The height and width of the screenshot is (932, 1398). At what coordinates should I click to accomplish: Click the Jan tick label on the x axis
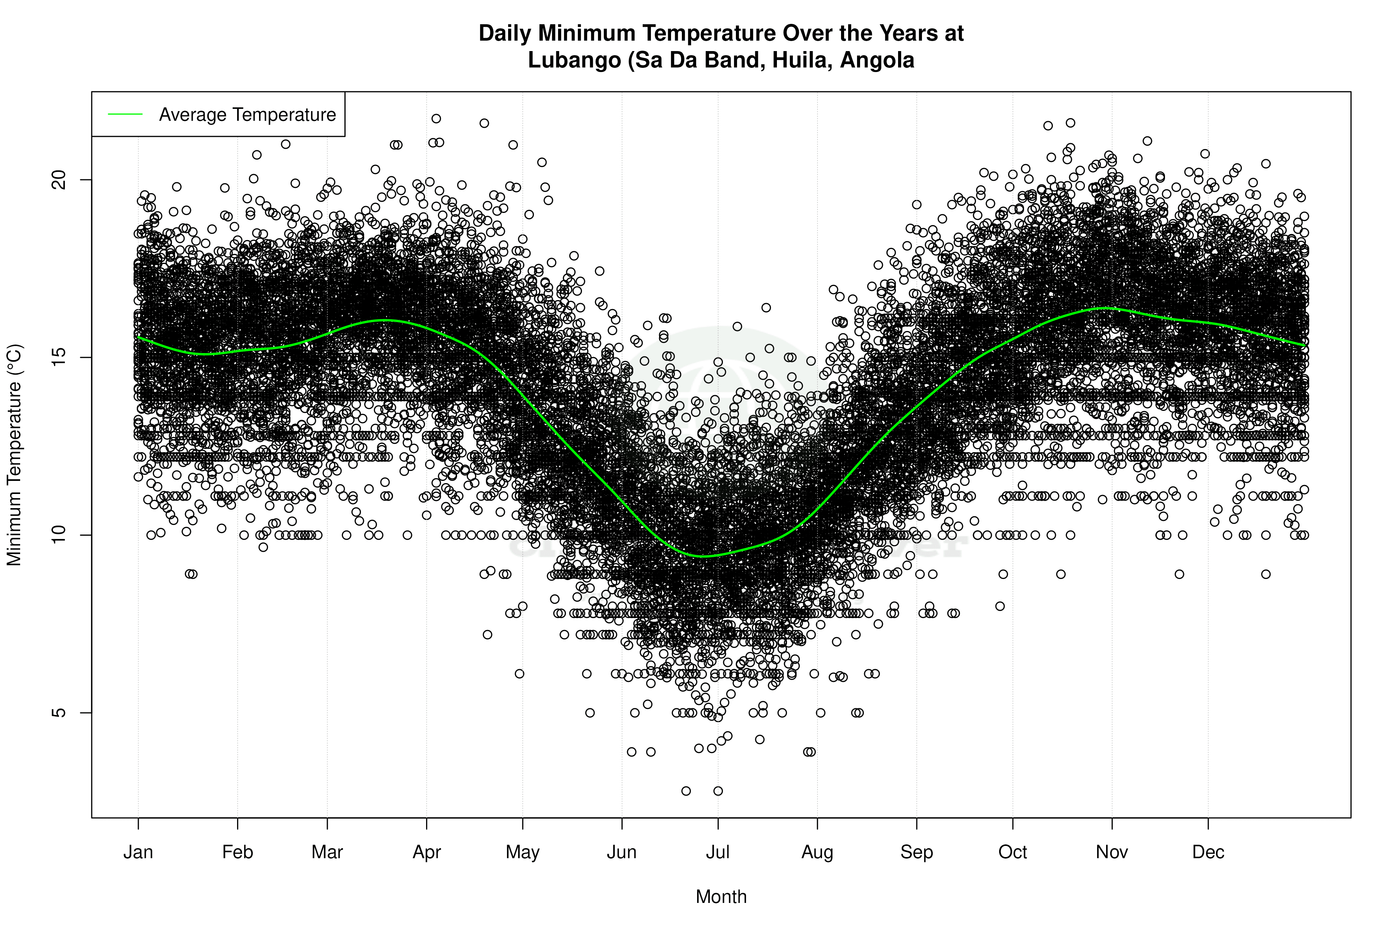(x=138, y=852)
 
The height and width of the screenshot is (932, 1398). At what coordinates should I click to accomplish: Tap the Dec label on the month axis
(x=1208, y=852)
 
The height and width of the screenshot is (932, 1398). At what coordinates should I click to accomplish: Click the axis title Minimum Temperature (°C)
(x=14, y=455)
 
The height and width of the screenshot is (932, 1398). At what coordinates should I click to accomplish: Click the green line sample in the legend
(x=125, y=114)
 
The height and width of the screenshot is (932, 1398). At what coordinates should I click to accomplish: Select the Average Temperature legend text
(x=247, y=114)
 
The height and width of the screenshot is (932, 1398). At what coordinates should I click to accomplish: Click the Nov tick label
(x=1112, y=852)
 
